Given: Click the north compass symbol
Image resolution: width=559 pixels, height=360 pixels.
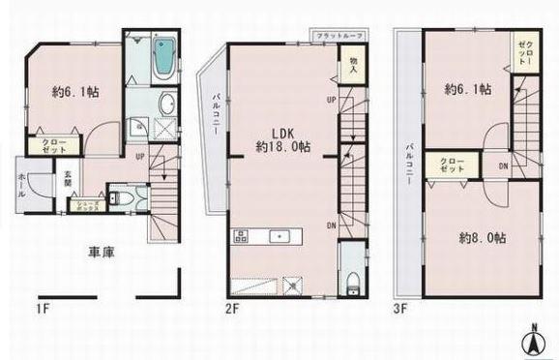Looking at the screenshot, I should tap(532, 338).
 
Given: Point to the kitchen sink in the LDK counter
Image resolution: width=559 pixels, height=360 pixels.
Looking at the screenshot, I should tap(277, 236).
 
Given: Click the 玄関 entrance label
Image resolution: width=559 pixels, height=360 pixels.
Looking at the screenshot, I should tap(68, 180).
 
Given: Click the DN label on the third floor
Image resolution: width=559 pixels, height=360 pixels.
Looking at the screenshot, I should tap(502, 166).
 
